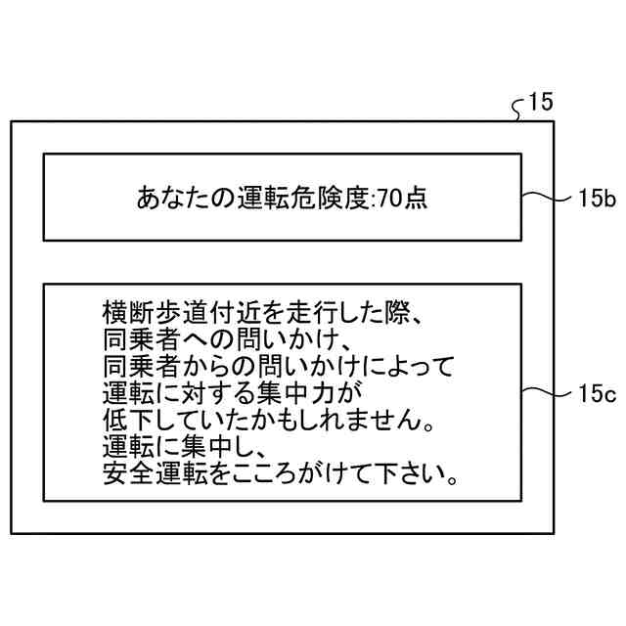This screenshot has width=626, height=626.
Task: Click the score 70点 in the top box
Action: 402,199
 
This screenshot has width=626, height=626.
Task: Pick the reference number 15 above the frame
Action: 540,101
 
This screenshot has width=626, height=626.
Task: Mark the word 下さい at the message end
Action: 420,477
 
